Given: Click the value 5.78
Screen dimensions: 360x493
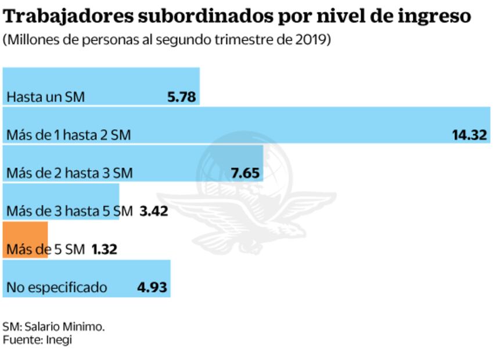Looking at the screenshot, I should (181, 96).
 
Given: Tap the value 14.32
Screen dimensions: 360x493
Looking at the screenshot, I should (470, 135).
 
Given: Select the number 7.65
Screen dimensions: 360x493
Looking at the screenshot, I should (245, 172).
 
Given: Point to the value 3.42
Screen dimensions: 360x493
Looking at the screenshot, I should (154, 211).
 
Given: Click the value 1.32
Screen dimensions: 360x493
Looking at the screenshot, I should (105, 249).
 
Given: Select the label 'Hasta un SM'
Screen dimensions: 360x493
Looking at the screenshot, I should (45, 97).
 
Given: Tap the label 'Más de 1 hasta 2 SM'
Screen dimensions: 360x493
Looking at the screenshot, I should (69, 135).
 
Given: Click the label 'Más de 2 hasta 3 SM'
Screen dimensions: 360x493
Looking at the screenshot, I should (69, 173).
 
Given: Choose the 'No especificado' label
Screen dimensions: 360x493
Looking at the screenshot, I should (56, 287).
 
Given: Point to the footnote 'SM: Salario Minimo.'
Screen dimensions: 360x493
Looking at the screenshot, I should (53, 326).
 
